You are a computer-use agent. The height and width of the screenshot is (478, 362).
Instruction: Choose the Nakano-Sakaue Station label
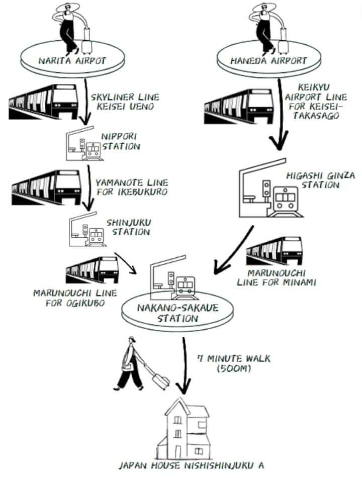[178, 313]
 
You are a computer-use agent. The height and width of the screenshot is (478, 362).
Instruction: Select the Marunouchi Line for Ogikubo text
[75, 298]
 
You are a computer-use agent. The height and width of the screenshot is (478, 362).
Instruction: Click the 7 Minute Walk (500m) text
[233, 363]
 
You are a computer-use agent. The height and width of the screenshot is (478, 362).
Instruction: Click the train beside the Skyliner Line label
[42, 103]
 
